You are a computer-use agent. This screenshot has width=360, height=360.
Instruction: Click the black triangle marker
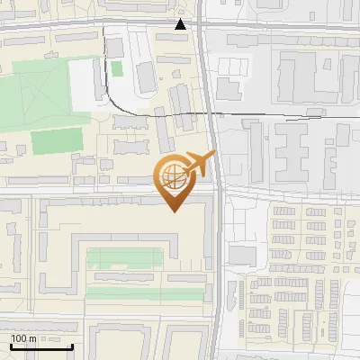pyautogui.click(x=181, y=24)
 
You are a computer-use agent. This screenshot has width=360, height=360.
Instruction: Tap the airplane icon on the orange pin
pyautogui.click(x=198, y=165)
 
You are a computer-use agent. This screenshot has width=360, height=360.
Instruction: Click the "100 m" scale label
pyautogui.click(x=23, y=338)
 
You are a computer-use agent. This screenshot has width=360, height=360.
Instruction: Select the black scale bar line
pyautogui.click(x=41, y=346)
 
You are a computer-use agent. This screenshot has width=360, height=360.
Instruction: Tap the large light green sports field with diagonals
pyautogui.click(x=32, y=95)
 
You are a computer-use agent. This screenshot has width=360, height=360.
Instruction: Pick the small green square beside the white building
pyautogui.click(x=117, y=69)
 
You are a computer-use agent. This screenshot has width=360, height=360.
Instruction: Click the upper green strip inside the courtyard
pyautogui.click(x=126, y=258)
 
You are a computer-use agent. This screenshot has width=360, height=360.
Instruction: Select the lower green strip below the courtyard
pyautogui.click(x=126, y=292)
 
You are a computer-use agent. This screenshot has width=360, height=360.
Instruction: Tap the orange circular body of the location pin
pyautogui.click(x=172, y=178)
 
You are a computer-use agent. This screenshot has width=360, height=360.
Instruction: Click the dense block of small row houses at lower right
pyautogui.click(x=297, y=297)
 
